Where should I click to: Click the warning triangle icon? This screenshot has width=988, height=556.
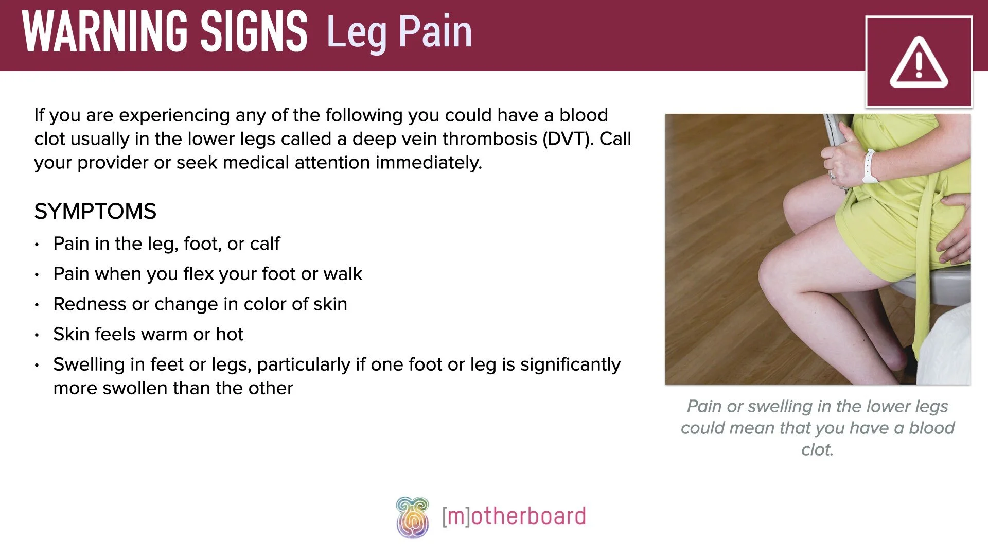pyautogui.click(x=919, y=62)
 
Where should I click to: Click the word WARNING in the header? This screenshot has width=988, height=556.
pyautogui.click(x=105, y=32)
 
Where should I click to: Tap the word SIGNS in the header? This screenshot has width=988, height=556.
pyautogui.click(x=254, y=32)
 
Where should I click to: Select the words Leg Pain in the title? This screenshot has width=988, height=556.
pyautogui.click(x=399, y=32)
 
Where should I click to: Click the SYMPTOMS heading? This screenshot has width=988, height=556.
pyautogui.click(x=95, y=212)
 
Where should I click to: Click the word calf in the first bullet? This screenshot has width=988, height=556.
pyautogui.click(x=264, y=244)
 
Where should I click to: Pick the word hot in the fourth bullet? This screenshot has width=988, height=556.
pyautogui.click(x=230, y=335)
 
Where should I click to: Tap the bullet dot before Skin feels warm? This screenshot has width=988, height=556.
pyautogui.click(x=37, y=335)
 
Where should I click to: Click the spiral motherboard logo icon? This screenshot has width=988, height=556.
pyautogui.click(x=412, y=517)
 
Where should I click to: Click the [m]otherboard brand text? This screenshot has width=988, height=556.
pyautogui.click(x=514, y=516)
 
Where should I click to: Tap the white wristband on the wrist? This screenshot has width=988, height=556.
pyautogui.click(x=869, y=166)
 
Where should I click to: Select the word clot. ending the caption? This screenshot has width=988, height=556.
pyautogui.click(x=817, y=449)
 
